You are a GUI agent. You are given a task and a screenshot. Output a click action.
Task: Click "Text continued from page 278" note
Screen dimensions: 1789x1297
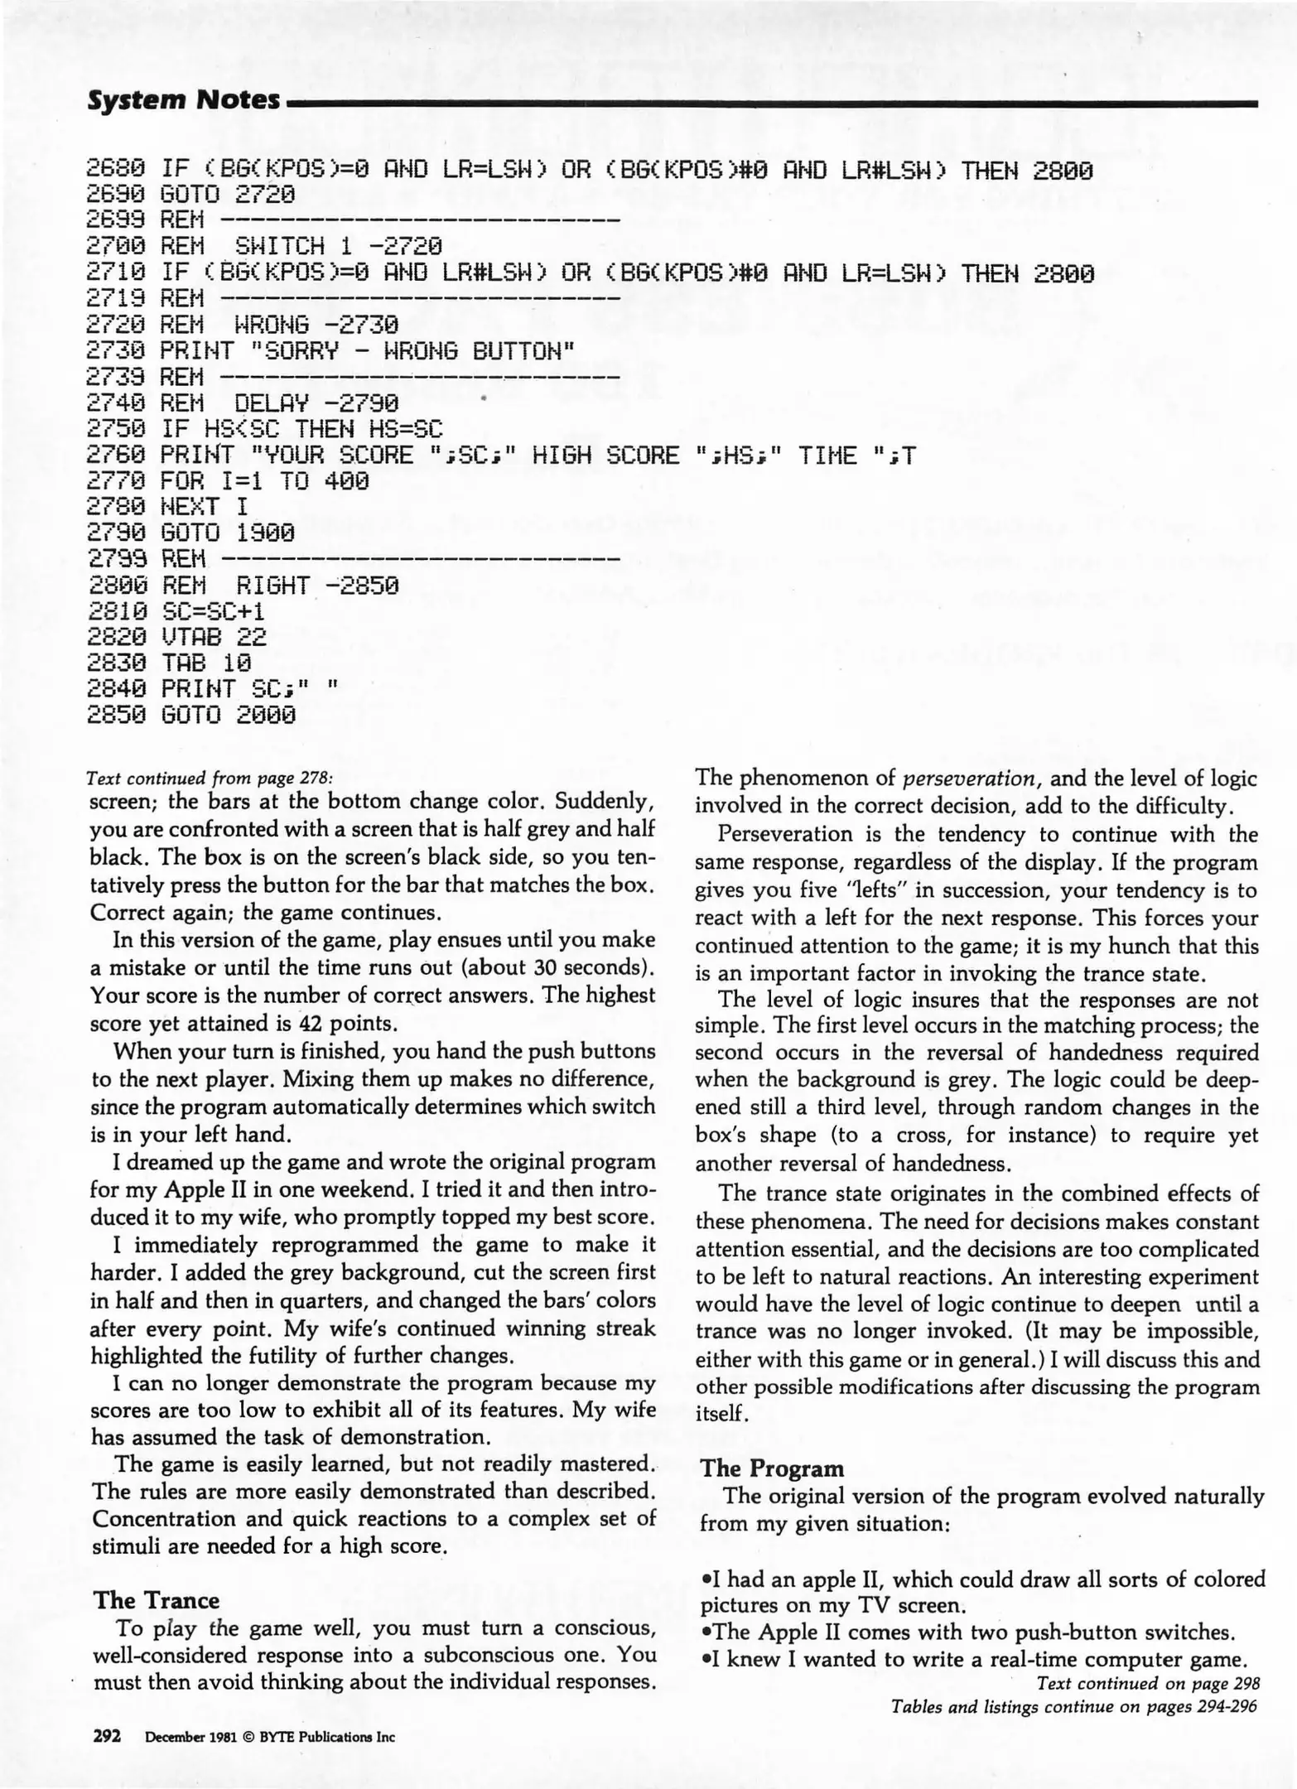(211, 779)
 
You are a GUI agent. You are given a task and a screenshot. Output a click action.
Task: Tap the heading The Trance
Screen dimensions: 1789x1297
(157, 1599)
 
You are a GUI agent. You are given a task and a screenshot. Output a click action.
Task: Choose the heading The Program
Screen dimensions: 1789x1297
(772, 1468)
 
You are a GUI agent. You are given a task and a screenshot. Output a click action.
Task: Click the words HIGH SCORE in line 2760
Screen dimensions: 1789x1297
(605, 456)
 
